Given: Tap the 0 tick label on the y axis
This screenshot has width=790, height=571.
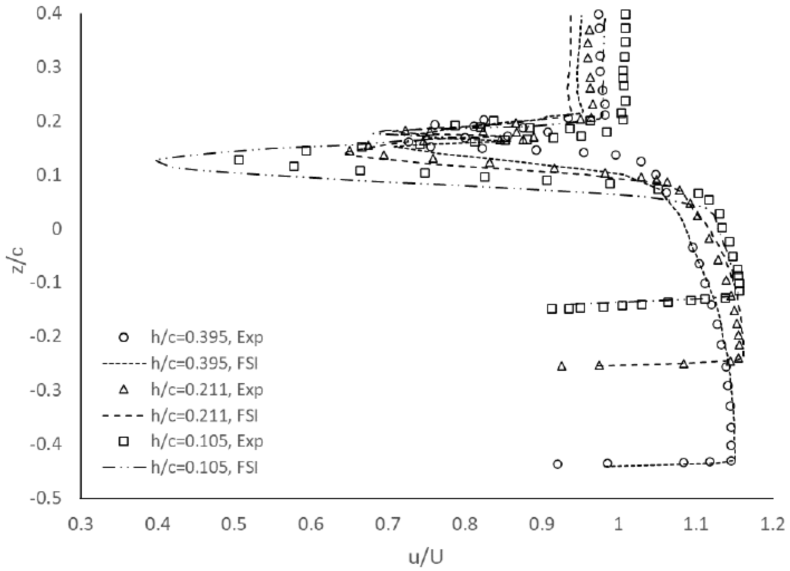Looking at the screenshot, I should pos(57,229).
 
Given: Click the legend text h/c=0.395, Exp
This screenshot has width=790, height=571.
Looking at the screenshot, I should pos(207,337).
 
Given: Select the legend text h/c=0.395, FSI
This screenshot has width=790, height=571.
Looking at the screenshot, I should pos(204,363).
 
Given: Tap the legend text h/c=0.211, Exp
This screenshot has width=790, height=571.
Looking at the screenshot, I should pos(207,390).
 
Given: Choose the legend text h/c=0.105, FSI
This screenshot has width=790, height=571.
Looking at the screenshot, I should pos(204,467).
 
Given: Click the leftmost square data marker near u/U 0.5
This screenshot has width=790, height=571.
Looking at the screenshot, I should pos(239,160).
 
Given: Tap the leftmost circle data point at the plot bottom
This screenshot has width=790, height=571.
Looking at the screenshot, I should pos(558,464).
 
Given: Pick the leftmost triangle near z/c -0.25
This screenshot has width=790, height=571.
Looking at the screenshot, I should pos(561,366).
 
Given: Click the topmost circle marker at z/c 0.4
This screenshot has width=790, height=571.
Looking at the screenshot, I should pos(599,14).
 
